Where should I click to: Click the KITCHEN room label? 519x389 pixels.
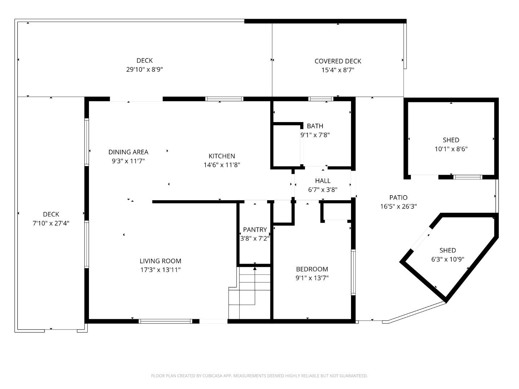click(x=222, y=156)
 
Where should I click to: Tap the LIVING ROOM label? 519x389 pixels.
click(x=160, y=261)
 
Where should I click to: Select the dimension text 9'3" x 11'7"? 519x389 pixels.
click(x=128, y=161)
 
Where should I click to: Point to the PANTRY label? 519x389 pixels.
click(x=255, y=229)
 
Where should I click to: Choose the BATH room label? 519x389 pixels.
click(x=315, y=126)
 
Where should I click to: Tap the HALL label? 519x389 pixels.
click(x=323, y=181)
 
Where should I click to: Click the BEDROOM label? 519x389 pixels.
click(x=312, y=269)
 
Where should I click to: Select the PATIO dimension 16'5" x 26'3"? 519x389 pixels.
click(x=399, y=206)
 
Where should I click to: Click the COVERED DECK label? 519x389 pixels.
click(x=338, y=61)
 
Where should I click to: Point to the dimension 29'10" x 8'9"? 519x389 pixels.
click(x=145, y=70)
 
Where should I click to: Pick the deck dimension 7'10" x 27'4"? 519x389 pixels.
click(x=51, y=223)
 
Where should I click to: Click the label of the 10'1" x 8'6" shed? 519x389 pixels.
click(x=451, y=140)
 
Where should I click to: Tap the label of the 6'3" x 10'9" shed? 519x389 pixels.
click(x=448, y=250)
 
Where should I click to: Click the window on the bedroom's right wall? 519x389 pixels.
click(x=353, y=272)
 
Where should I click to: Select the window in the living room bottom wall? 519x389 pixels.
click(x=165, y=321)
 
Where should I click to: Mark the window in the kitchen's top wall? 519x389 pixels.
click(x=224, y=99)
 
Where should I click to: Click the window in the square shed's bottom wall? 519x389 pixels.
click(x=467, y=177)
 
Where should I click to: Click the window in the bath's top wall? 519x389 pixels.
click(x=321, y=99)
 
